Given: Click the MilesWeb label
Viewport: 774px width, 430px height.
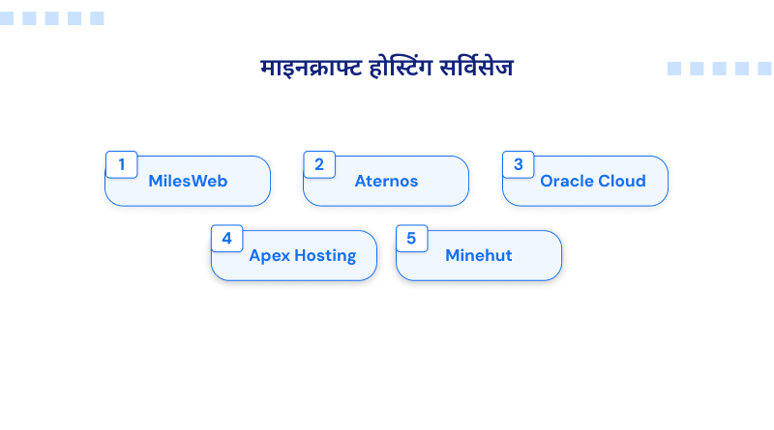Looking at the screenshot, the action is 188,181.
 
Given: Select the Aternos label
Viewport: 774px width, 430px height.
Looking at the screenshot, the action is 386,181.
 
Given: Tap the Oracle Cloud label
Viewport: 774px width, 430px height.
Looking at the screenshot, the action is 593,181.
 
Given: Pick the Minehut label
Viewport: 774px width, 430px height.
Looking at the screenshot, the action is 479,255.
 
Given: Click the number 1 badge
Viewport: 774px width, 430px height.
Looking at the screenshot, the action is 122,164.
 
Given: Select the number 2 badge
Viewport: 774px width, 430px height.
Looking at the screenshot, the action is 319,164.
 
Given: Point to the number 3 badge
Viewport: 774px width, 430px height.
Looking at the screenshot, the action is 519,164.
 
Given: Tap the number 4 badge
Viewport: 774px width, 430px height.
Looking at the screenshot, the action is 227,238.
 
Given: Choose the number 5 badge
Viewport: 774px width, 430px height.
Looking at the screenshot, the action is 412,238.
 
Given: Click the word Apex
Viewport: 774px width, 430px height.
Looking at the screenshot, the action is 270,256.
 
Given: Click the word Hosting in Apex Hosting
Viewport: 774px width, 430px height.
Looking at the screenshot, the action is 325,256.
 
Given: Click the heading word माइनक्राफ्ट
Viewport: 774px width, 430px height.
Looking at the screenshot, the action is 312,68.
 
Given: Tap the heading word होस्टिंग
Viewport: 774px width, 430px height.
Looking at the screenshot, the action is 402,67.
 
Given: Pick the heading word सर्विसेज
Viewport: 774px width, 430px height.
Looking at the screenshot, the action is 476,67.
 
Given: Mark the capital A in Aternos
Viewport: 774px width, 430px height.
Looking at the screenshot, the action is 361,181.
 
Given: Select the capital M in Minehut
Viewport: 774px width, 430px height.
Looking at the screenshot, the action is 452,255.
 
